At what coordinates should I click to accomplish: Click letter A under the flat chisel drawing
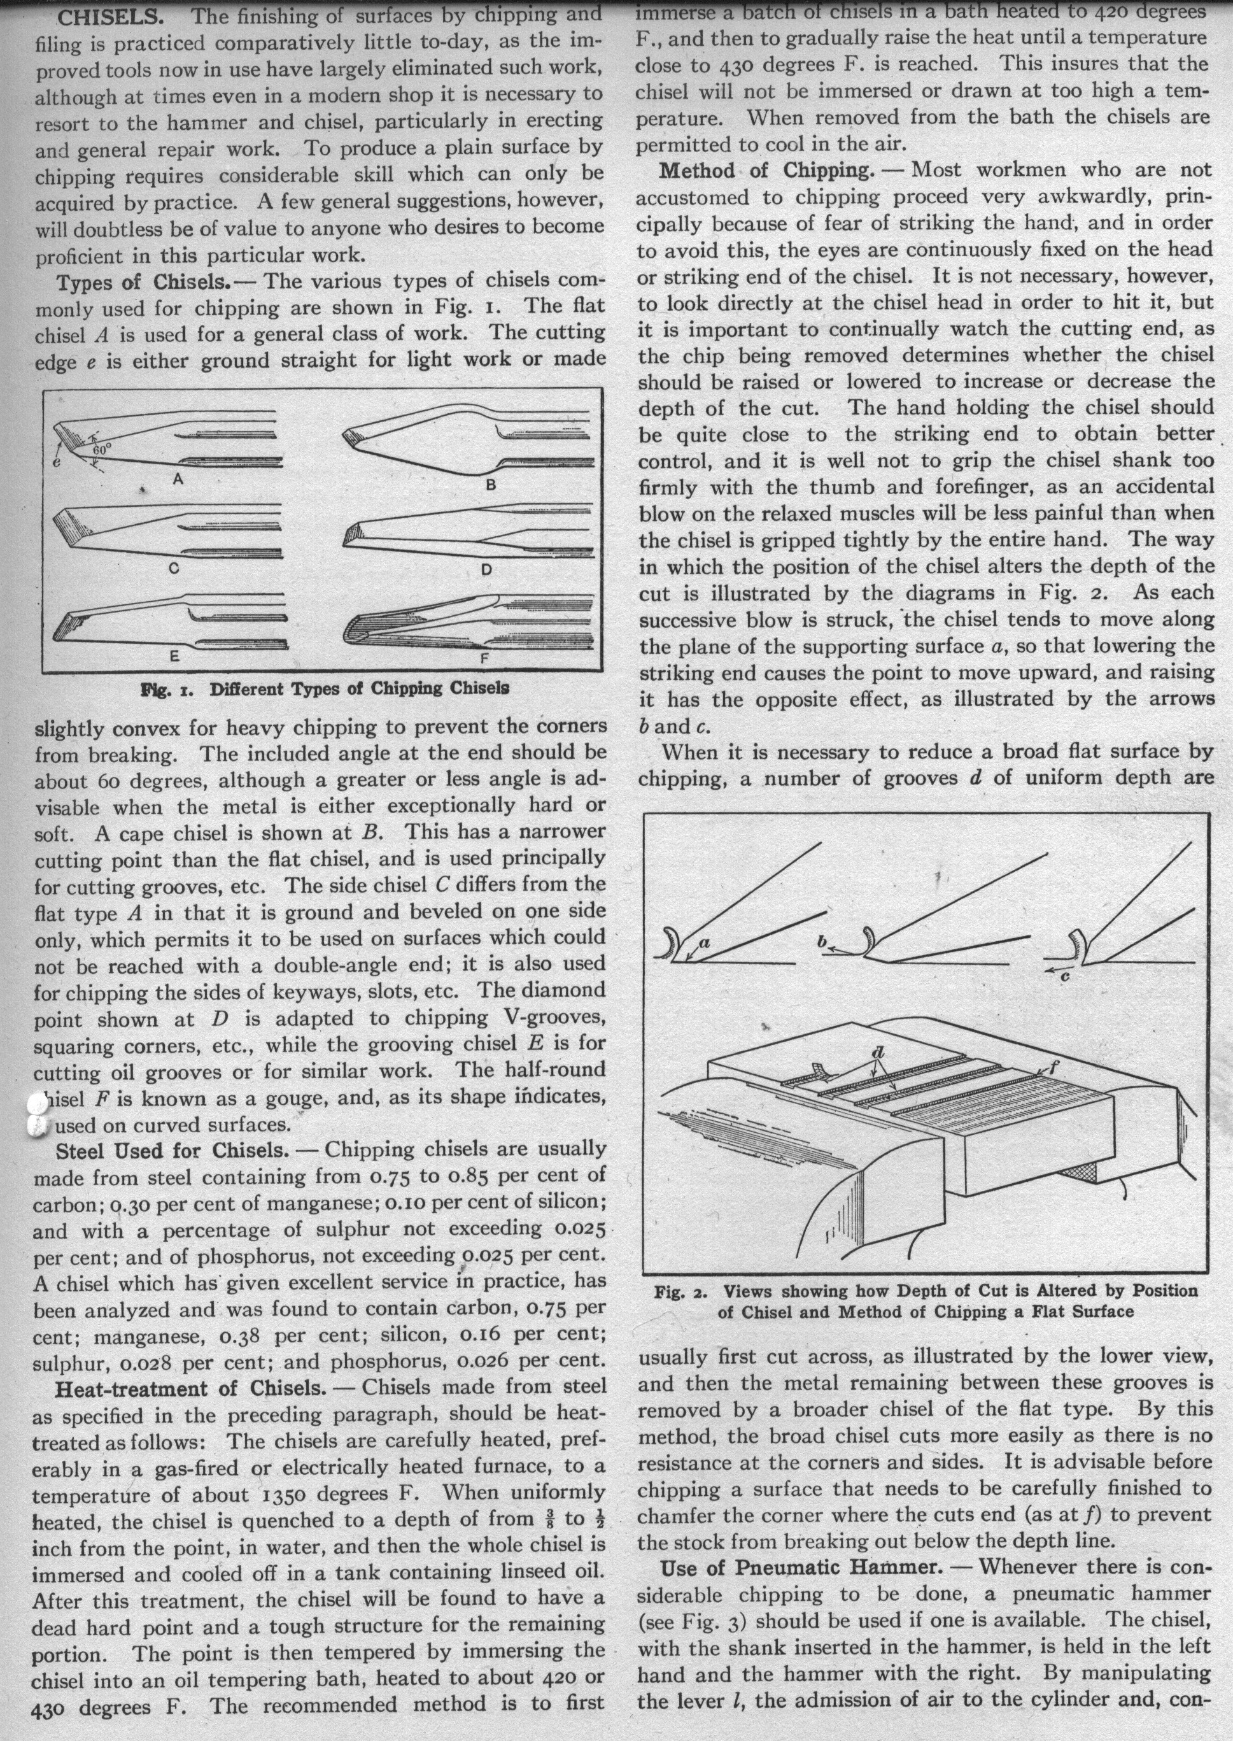coord(178,480)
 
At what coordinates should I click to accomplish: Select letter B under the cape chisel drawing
coord(491,484)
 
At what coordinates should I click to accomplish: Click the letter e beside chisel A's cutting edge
coord(56,461)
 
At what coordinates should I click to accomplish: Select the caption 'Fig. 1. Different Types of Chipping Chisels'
coord(324,689)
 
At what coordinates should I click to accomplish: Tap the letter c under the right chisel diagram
coord(1064,977)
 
